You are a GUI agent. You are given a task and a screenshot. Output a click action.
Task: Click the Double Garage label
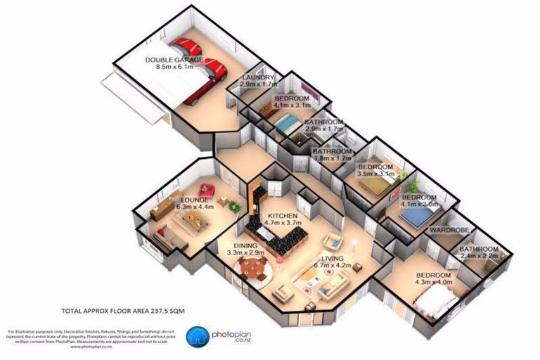click(174, 60)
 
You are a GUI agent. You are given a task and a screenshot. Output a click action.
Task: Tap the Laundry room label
click(257, 77)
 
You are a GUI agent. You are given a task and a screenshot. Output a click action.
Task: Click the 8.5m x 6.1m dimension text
click(174, 68)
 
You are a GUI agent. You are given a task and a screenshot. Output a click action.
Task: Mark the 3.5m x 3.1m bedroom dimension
click(377, 172)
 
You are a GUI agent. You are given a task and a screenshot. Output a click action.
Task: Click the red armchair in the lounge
click(206, 189)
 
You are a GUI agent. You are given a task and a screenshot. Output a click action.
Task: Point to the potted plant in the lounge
click(233, 206)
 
